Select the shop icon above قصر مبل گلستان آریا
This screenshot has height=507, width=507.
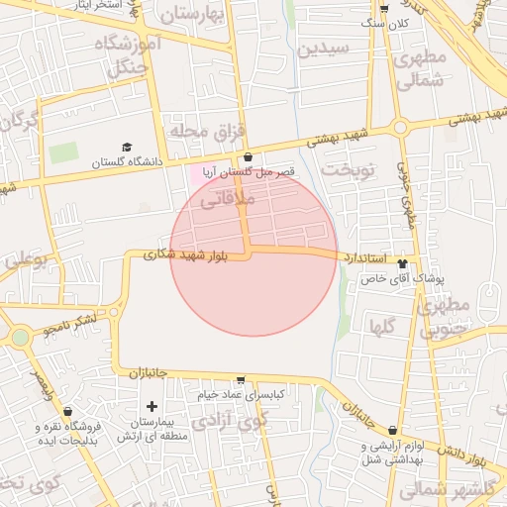point(248,157)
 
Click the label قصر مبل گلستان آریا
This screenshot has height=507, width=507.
point(248,172)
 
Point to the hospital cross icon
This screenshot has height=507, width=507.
point(152,406)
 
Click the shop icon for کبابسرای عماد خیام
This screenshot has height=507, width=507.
point(241,380)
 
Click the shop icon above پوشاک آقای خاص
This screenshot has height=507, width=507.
point(402,263)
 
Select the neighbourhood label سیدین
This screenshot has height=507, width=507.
point(326,48)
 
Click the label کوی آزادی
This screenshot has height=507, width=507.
point(229,422)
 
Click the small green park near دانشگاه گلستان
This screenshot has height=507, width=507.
point(63,153)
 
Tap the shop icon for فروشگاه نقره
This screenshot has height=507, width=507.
point(67,411)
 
